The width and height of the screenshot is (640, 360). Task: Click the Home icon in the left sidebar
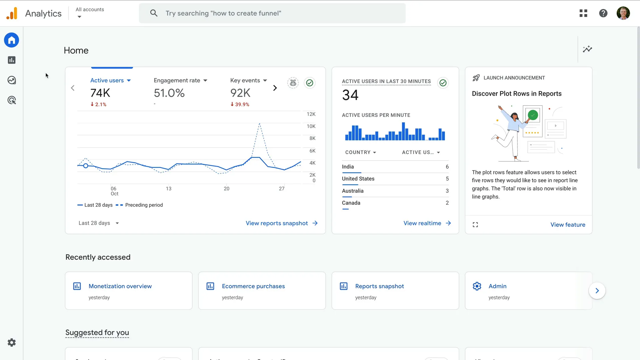[12, 40]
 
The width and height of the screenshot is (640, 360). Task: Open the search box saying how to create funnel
[272, 13]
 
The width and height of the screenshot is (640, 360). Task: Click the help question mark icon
[603, 13]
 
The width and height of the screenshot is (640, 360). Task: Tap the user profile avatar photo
[623, 13]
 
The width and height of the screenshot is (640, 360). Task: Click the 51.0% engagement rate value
[169, 93]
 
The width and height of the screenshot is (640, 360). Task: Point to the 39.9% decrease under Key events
[240, 104]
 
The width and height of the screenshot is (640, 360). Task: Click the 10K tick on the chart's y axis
[311, 126]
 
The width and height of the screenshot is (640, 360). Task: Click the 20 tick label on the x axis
[226, 189]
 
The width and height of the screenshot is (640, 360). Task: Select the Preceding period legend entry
[144, 205]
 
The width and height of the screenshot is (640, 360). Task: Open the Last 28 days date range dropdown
[99, 223]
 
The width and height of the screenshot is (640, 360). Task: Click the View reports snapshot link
[281, 223]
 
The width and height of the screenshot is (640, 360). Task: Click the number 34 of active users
[350, 95]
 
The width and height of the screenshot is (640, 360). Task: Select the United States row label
[358, 179]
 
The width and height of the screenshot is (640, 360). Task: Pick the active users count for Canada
[447, 203]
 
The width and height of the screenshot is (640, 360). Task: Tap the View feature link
[567, 225]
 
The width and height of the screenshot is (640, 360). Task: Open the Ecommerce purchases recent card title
[253, 286]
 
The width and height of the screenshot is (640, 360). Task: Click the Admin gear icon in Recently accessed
[477, 286]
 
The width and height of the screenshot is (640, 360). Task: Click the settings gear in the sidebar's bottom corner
[12, 342]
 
